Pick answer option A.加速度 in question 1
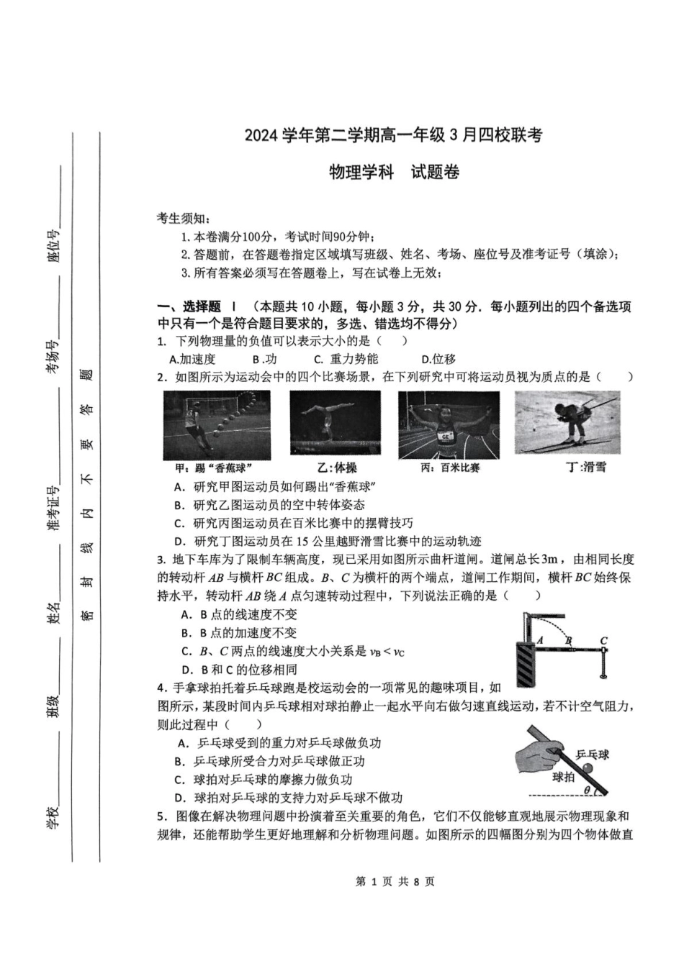point(192,359)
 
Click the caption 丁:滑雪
point(585,467)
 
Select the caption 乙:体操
point(336,468)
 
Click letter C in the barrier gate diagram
point(603,640)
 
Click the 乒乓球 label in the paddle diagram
point(592,755)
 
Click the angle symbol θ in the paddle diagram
point(587,790)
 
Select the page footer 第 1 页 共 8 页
point(395,881)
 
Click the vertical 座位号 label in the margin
point(53,247)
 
